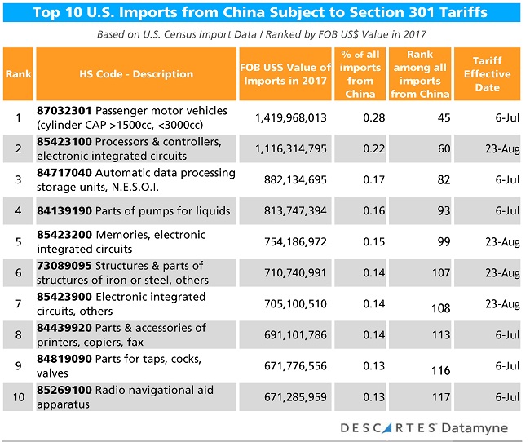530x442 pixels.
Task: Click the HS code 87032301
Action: click(x=64, y=110)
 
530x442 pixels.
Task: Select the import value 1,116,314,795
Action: click(x=290, y=148)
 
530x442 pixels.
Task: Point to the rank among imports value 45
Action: click(x=443, y=117)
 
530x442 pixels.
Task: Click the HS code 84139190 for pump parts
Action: click(x=64, y=210)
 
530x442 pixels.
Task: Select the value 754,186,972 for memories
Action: click(x=290, y=241)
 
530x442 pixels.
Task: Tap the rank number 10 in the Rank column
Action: click(x=17, y=397)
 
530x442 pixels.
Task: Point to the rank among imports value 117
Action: click(x=439, y=397)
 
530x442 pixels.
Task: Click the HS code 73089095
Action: click(x=64, y=266)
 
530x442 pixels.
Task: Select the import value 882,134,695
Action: click(x=290, y=179)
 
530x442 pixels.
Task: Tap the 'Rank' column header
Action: click(x=17, y=74)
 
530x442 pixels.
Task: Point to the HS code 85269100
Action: click(x=64, y=390)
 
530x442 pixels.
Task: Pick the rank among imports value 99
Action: click(x=443, y=241)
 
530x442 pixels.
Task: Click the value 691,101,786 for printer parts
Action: click(x=290, y=334)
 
